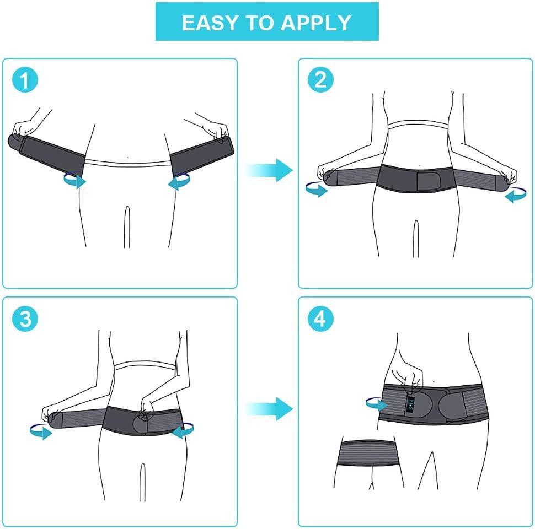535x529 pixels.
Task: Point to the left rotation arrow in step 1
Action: [x=73, y=180]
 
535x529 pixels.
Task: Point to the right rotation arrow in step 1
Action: [x=180, y=182]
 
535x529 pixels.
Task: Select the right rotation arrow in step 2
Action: [x=515, y=195]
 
